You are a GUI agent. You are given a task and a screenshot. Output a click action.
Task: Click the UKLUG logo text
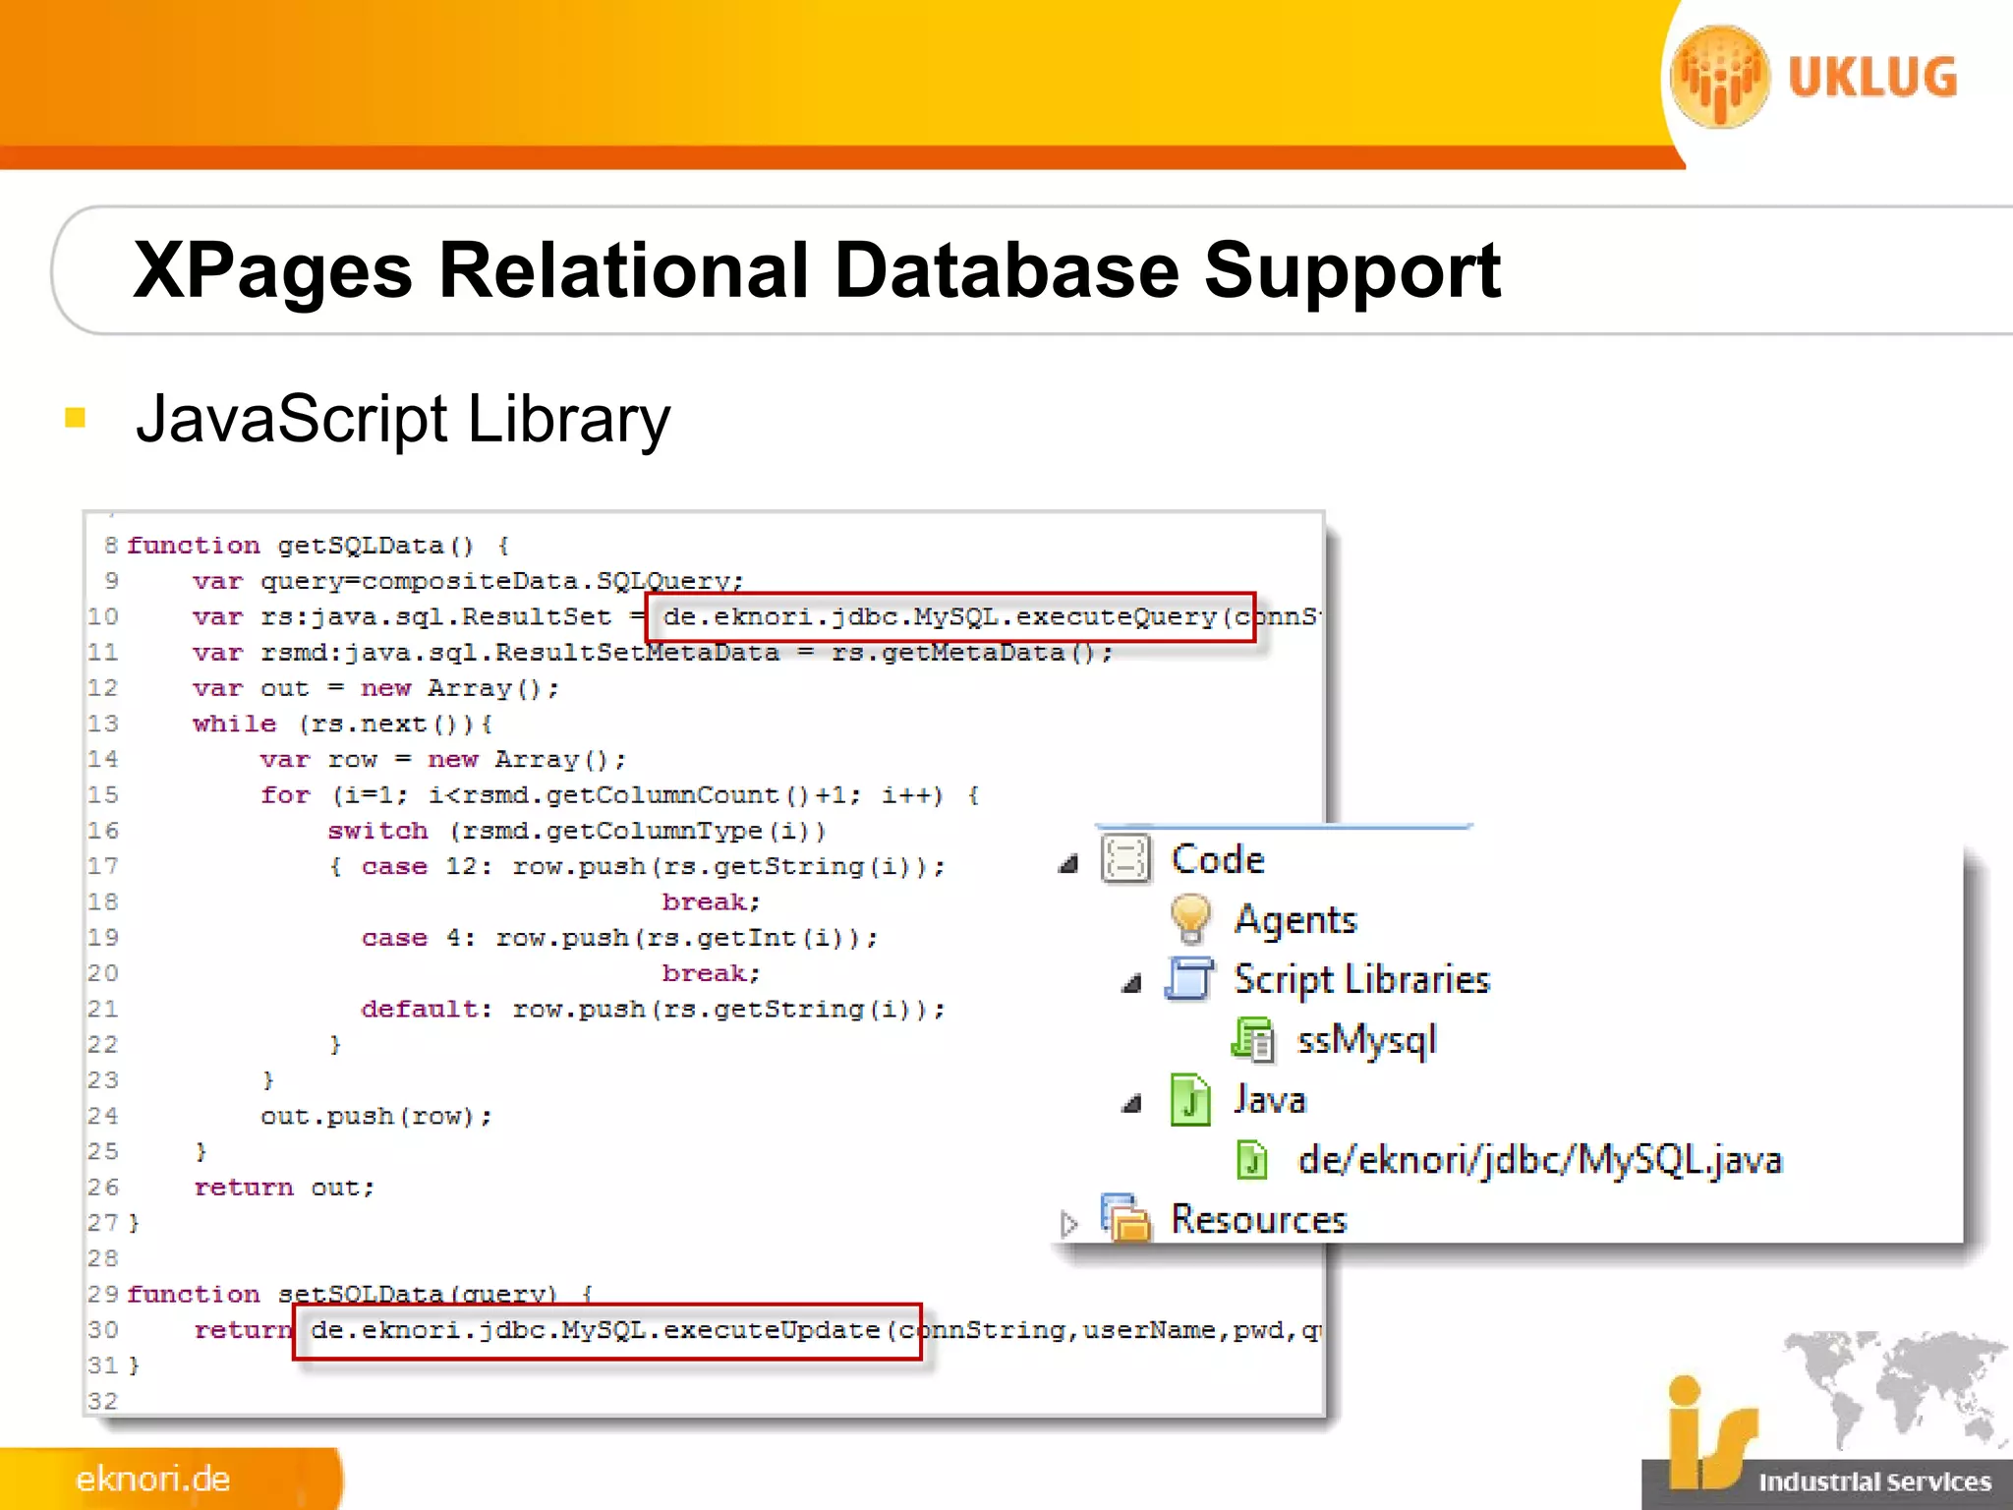1871,78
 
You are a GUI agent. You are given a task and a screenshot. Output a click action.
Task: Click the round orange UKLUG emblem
1719,77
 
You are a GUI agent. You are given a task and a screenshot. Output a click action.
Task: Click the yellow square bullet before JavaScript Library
75,418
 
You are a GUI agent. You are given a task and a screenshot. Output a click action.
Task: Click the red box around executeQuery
949,617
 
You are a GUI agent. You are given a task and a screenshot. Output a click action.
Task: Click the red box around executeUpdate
606,1331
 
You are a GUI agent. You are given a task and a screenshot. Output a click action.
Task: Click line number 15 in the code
102,794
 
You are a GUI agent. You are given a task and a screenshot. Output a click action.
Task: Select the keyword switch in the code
377,831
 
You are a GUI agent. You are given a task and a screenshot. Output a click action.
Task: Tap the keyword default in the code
425,1009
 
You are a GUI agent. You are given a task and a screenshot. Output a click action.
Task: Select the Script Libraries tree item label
1361,979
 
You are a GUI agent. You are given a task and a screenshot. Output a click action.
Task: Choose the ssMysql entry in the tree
1366,1040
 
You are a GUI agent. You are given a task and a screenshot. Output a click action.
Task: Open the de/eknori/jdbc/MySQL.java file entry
1538,1160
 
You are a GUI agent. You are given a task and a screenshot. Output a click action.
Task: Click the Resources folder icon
1125,1219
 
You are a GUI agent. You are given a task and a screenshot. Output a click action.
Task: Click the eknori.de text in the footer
152,1479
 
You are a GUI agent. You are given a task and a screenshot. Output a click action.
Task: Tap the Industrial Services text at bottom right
1873,1481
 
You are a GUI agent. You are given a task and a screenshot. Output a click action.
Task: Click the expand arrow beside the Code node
1068,863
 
